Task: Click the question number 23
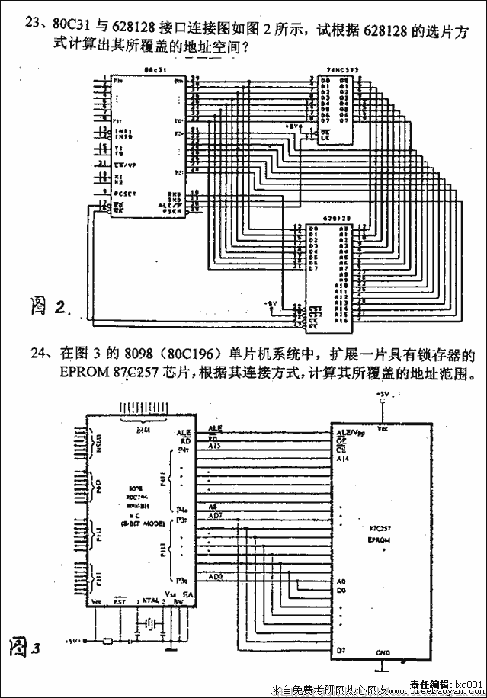point(32,21)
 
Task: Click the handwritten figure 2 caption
point(50,306)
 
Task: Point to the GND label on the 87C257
point(383,653)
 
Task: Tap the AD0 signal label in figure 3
point(216,576)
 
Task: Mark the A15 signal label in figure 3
point(215,447)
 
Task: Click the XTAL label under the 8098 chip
point(150,601)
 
